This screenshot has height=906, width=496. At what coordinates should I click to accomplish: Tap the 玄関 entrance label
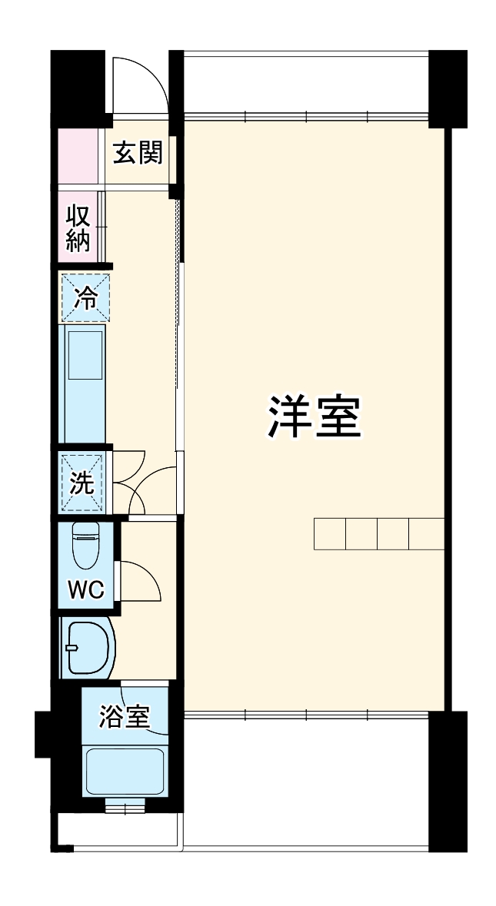pyautogui.click(x=138, y=153)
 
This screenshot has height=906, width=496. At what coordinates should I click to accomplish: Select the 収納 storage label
pyautogui.click(x=78, y=228)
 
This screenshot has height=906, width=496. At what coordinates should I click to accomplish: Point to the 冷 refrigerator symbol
pyautogui.click(x=85, y=297)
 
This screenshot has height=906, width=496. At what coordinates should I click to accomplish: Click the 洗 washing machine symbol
pyautogui.click(x=82, y=482)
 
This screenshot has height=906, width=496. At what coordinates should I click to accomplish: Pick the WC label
pyautogui.click(x=85, y=589)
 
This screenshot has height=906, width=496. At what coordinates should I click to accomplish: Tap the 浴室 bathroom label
pyautogui.click(x=124, y=717)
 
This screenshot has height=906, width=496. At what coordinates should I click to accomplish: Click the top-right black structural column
pyautogui.click(x=448, y=88)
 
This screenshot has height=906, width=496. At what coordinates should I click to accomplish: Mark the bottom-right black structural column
pyautogui.click(x=448, y=780)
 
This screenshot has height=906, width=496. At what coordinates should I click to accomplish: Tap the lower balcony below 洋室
pyautogui.click(x=306, y=780)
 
